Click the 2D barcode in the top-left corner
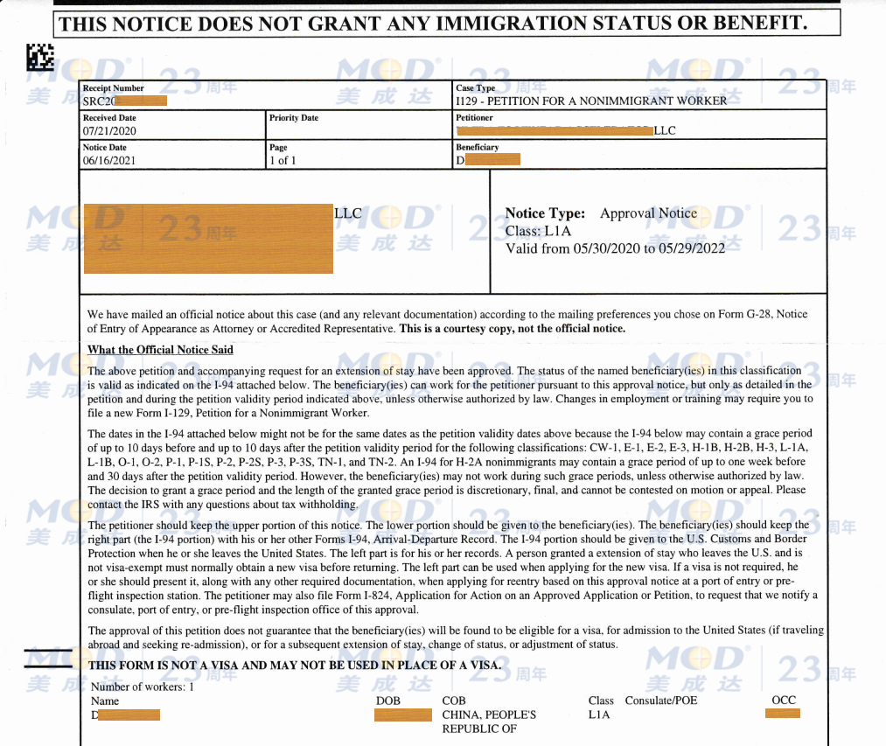[x=40, y=58]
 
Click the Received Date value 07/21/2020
[x=109, y=131]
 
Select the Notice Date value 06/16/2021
[x=109, y=161]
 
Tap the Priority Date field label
[x=294, y=118]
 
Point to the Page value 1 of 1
[x=283, y=161]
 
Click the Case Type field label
[x=475, y=88]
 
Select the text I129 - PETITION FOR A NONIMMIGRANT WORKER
[x=591, y=101]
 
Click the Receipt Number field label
[x=114, y=88]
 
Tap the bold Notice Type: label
[x=545, y=213]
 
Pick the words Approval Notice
[x=648, y=213]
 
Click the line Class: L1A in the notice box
[x=538, y=231]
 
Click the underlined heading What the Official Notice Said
[x=160, y=350]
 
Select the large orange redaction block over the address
[x=208, y=238]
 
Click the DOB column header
[x=388, y=701]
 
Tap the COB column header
[x=454, y=701]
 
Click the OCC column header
[x=784, y=700]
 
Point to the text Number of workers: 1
[x=142, y=687]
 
